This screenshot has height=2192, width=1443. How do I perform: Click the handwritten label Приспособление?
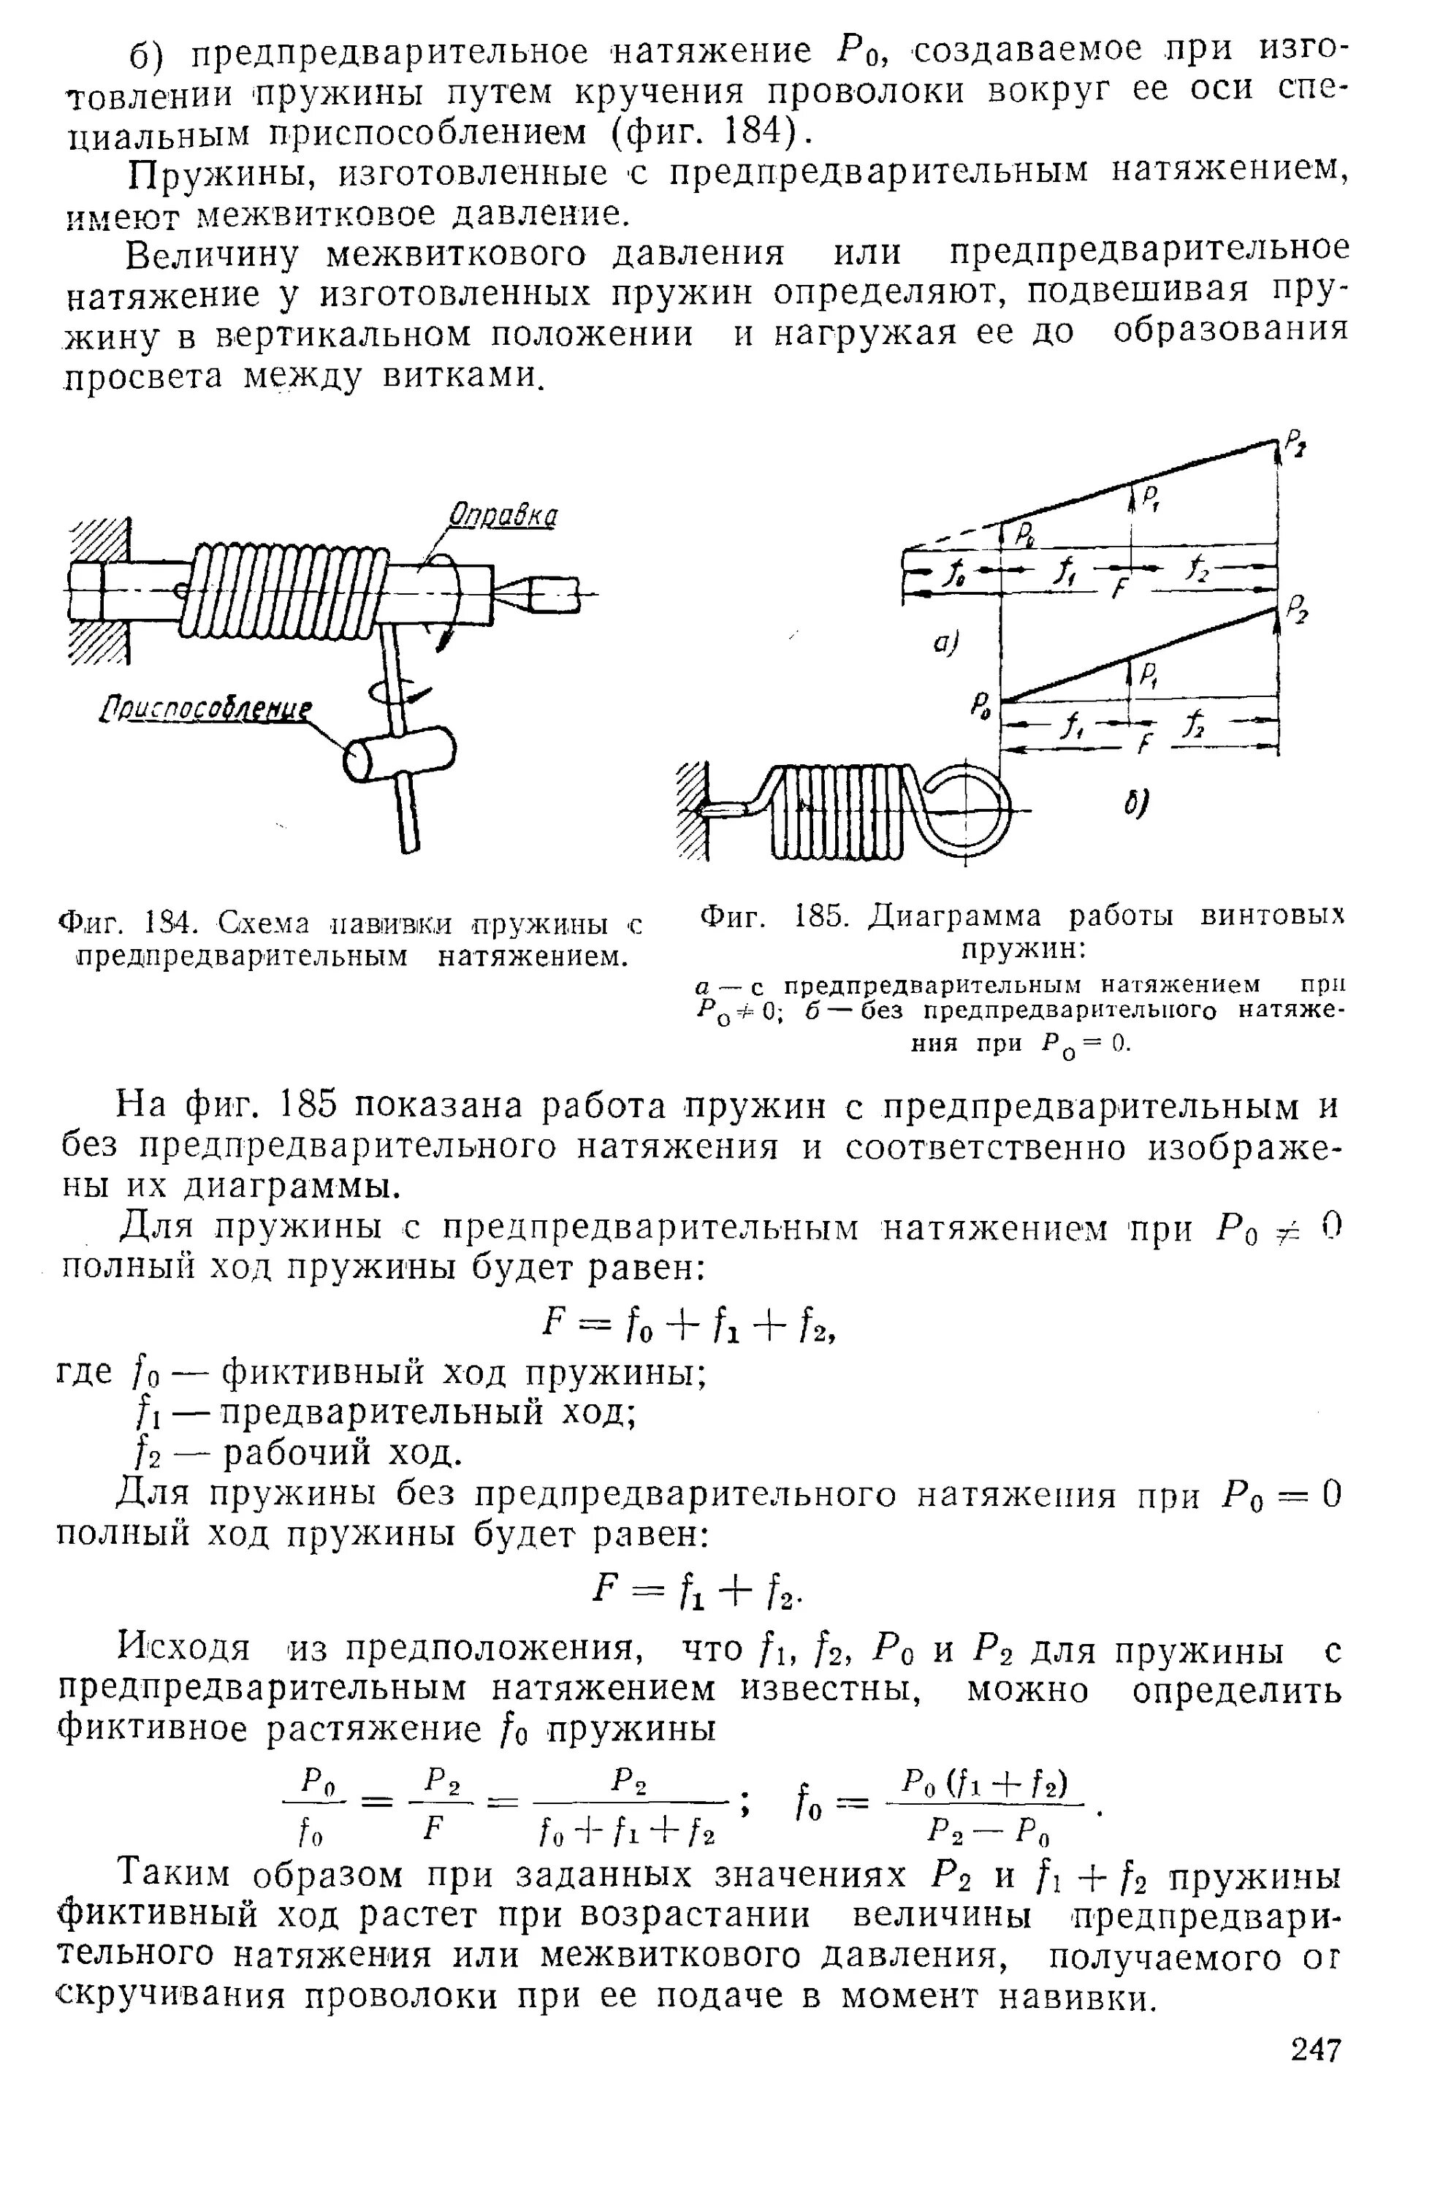pos(205,711)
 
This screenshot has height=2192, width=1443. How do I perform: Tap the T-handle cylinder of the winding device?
pos(400,754)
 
